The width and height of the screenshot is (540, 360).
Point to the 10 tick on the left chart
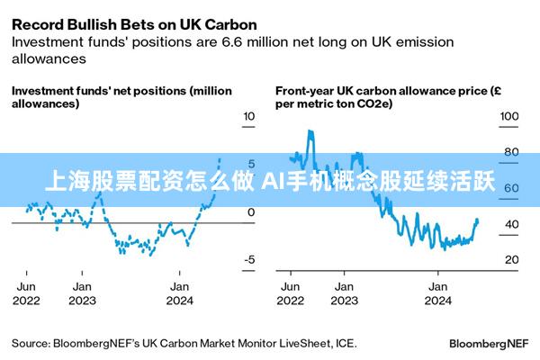pyautogui.click(x=250, y=116)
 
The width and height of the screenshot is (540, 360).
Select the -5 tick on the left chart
pyautogui.click(x=250, y=259)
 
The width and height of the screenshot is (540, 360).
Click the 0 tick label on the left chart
pyautogui.click(x=250, y=212)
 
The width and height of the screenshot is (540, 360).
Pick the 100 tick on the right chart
pyautogui.click(x=508, y=116)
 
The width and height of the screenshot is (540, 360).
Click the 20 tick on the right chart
pyautogui.click(x=510, y=259)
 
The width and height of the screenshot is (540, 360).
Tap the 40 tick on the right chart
pyautogui.click(x=510, y=224)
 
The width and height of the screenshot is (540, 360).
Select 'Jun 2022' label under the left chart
pyautogui.click(x=27, y=292)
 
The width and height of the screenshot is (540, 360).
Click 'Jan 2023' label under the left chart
pyautogui.click(x=82, y=292)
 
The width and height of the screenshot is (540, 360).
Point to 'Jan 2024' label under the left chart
pyautogui.click(x=180, y=292)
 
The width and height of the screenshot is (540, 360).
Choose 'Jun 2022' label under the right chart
pyautogui.click(x=291, y=292)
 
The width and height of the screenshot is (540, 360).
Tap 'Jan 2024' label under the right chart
pyautogui.click(x=437, y=292)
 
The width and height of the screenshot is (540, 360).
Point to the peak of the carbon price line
pyautogui.click(x=310, y=131)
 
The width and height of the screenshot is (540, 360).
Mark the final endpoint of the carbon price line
pyautogui.click(x=477, y=220)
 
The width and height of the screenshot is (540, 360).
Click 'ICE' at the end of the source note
pyautogui.click(x=345, y=343)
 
